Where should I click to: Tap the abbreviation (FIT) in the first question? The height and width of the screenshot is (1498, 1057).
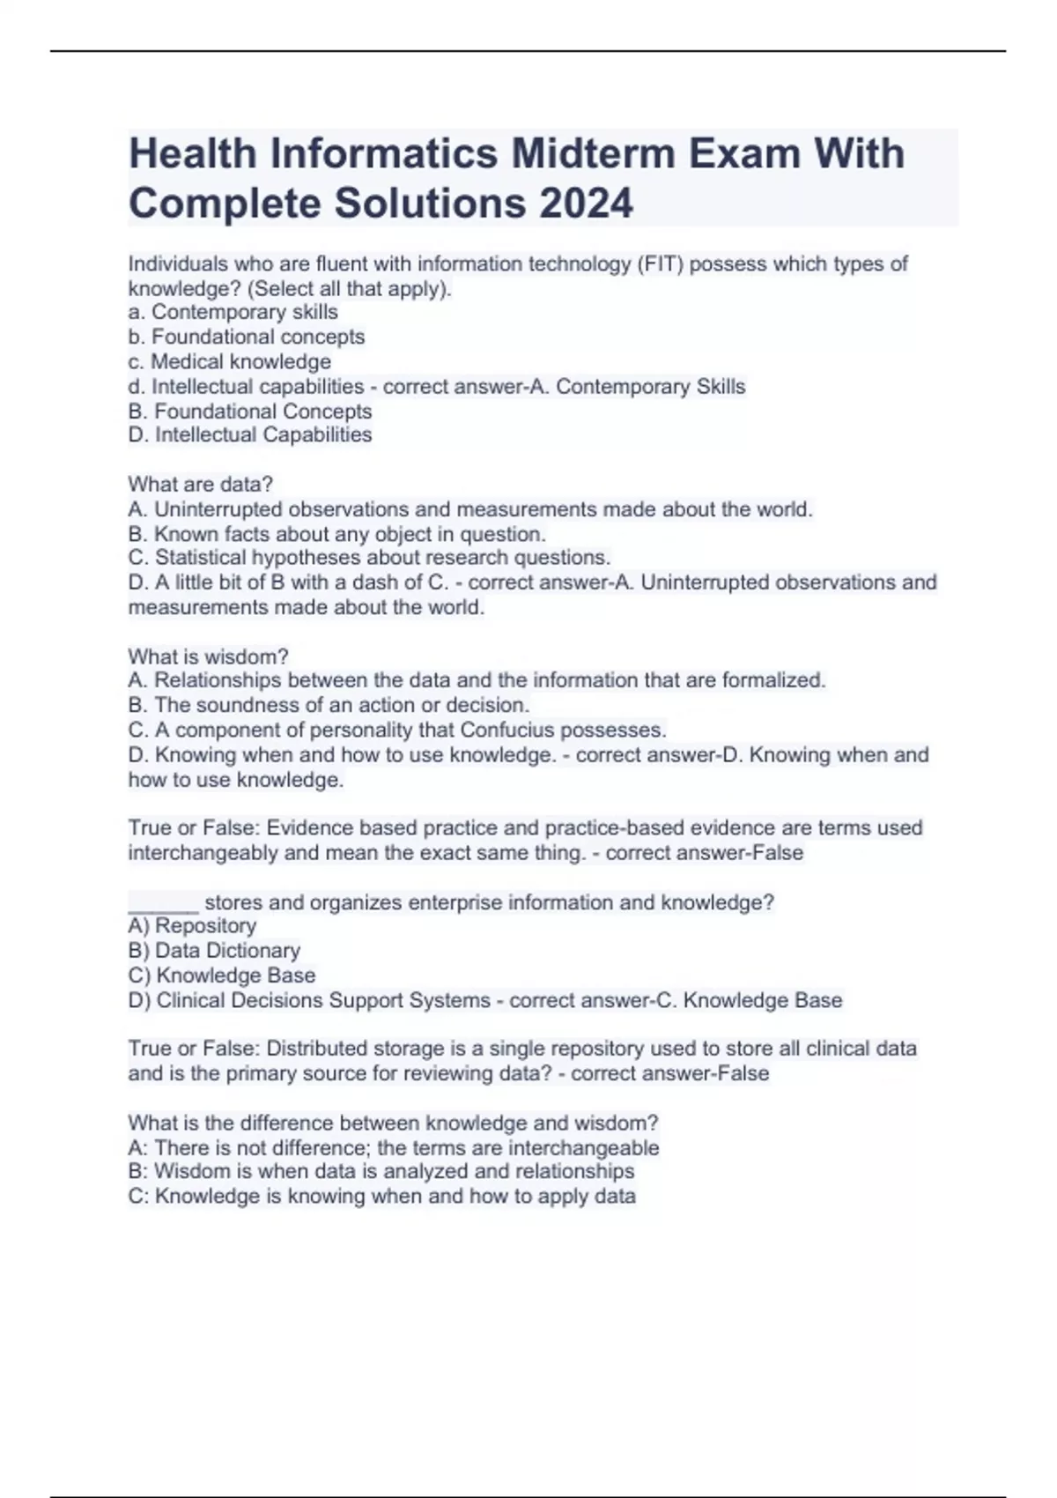657,263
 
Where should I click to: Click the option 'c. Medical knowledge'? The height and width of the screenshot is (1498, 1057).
230,361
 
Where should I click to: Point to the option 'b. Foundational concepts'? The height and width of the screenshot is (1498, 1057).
247,337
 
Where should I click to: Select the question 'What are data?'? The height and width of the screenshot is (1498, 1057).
201,484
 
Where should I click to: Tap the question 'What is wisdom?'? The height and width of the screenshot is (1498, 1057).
209,656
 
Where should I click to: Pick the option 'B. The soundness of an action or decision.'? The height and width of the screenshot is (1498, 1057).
329,705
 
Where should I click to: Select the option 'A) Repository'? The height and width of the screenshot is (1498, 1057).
192,925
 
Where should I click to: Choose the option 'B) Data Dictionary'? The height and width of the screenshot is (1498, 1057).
214,950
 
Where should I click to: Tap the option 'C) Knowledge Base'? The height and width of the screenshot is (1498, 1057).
222,975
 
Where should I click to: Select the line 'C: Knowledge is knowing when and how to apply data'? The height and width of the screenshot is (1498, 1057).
381,1196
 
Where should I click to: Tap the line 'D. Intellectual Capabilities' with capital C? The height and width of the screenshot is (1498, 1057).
250,434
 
